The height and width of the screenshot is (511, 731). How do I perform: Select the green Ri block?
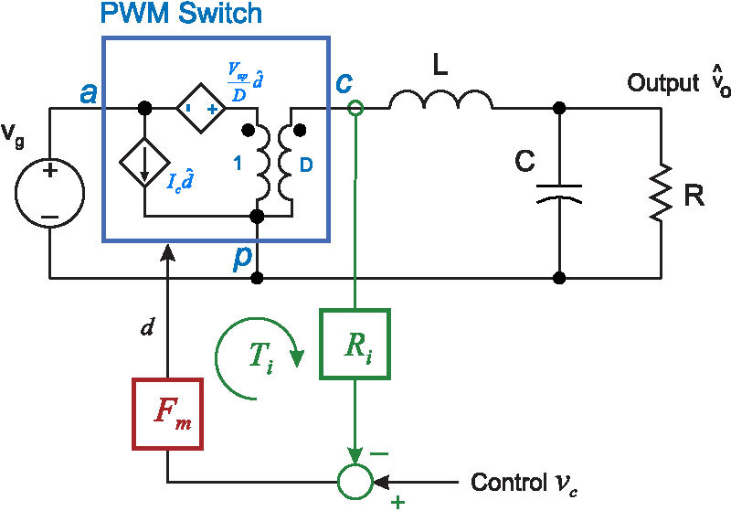pyautogui.click(x=355, y=344)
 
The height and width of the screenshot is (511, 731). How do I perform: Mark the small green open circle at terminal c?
pyautogui.click(x=355, y=108)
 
